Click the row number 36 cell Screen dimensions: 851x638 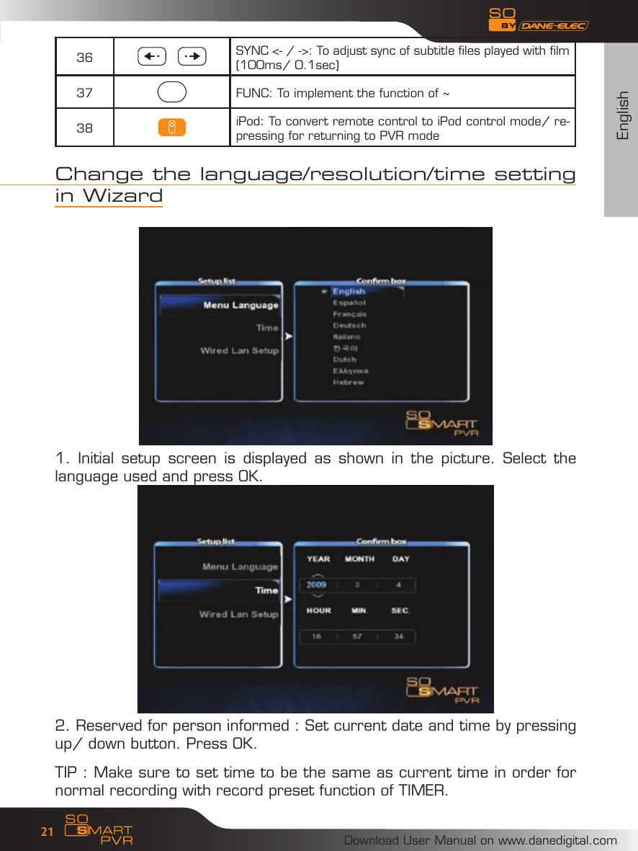click(x=84, y=57)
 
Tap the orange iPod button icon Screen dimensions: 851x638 click(x=172, y=128)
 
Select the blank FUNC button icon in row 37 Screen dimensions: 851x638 click(x=171, y=92)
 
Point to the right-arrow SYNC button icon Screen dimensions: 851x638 click(x=192, y=55)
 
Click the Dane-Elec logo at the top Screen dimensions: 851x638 click(x=553, y=26)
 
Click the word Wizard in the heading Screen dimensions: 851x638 click(x=122, y=196)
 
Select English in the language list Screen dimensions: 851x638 click(x=349, y=292)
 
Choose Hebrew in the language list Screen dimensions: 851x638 click(x=348, y=383)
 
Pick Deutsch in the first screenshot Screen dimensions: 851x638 click(x=349, y=326)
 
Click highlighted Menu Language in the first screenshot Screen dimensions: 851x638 click(x=241, y=306)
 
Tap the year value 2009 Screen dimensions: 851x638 click(x=317, y=584)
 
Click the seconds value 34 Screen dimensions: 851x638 click(x=399, y=636)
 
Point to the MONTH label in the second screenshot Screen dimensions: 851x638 click(x=359, y=559)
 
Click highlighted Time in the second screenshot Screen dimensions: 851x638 click(x=266, y=590)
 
